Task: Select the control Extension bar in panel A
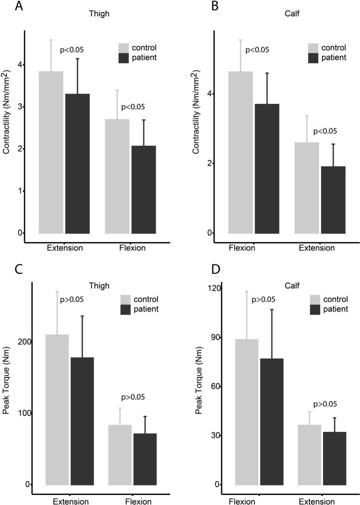click(x=50, y=152)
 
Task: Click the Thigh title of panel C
click(x=101, y=286)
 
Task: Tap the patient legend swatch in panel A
click(x=125, y=58)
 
